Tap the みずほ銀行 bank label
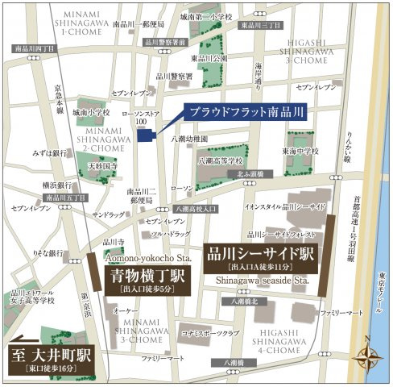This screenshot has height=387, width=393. (49, 151)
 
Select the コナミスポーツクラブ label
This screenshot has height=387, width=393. (213, 331)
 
